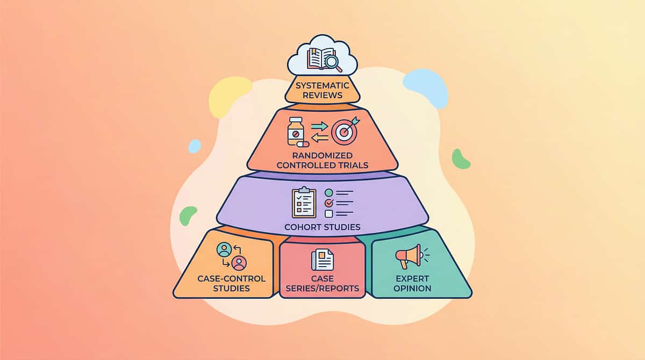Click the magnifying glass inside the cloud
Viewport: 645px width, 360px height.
click(x=333, y=62)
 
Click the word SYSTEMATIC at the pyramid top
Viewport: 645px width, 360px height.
click(x=322, y=85)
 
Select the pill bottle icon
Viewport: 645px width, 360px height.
click(x=295, y=131)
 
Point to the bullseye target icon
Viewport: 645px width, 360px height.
click(x=343, y=132)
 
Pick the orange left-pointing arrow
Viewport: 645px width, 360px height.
click(x=319, y=139)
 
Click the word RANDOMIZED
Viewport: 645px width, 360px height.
click(x=322, y=155)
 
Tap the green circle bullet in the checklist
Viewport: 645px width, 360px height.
click(x=329, y=192)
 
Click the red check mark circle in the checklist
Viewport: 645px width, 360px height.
click(x=329, y=203)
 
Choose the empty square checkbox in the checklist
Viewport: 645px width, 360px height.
click(x=329, y=213)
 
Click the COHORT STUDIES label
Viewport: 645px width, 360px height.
click(x=322, y=226)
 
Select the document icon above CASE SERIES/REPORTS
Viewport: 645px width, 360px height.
click(x=322, y=260)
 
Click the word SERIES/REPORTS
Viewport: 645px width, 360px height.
click(x=322, y=288)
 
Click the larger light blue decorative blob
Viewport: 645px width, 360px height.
click(x=426, y=87)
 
